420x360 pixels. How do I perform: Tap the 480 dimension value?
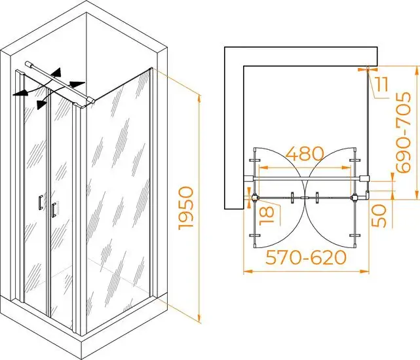point(305,154)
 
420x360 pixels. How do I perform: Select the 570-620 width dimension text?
point(306,257)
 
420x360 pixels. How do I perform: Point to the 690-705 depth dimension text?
point(403,132)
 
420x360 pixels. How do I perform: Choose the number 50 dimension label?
point(379,216)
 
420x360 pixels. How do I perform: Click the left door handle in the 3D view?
point(40,203)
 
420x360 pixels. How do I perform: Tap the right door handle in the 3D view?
point(54,209)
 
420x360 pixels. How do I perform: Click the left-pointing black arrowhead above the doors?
point(20,92)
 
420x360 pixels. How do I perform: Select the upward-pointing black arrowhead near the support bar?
point(57,72)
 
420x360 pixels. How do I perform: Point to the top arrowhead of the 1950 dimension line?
point(199,99)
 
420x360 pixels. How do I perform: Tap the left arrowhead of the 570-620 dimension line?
point(248,272)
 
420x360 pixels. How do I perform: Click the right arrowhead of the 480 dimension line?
point(347,168)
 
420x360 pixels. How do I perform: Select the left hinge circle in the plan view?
point(254,198)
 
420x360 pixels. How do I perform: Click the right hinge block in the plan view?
point(355,198)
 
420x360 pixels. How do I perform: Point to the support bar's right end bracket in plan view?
point(364,179)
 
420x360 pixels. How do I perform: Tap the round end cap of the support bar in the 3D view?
point(28,63)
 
